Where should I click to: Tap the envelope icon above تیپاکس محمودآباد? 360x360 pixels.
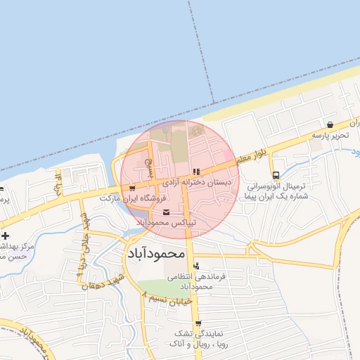click(166, 212)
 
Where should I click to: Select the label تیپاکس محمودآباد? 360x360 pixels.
click(166, 222)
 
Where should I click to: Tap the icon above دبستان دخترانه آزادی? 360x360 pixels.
click(196, 171)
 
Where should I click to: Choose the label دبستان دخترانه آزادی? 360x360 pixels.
click(197, 181)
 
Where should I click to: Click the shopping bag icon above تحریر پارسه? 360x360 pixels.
click(330, 124)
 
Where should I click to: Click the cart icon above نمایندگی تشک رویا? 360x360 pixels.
click(195, 322)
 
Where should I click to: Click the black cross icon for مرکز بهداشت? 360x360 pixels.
click(5, 235)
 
